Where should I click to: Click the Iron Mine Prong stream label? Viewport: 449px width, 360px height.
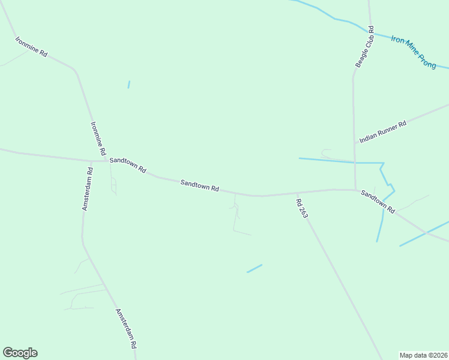pyautogui.click(x=414, y=52)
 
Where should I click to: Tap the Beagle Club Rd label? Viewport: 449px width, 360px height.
pyautogui.click(x=364, y=47)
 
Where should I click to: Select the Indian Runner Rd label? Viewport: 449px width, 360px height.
pyautogui.click(x=383, y=131)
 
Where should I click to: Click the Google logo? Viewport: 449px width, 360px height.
pyautogui.click(x=20, y=353)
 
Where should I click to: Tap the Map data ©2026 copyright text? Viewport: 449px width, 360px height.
pyautogui.click(x=423, y=355)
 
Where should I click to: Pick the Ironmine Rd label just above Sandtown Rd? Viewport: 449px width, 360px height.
pyautogui.click(x=98, y=137)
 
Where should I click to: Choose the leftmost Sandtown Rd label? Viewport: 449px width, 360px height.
pyautogui.click(x=127, y=165)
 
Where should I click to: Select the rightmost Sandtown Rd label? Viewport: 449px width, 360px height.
pyautogui.click(x=378, y=202)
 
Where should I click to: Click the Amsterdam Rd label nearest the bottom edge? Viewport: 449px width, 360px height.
pyautogui.click(x=126, y=329)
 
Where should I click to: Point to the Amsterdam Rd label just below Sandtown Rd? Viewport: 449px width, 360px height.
pyautogui.click(x=88, y=188)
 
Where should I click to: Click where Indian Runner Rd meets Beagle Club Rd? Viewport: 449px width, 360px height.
pyautogui.click(x=354, y=143)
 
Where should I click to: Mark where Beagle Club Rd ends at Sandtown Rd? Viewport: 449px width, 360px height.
pyautogui.click(x=355, y=190)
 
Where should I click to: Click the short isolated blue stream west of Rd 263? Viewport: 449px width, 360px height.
pyautogui.click(x=255, y=268)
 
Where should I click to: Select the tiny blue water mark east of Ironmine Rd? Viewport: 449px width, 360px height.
pyautogui.click(x=128, y=85)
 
